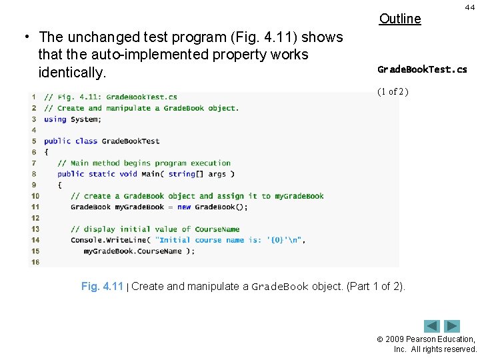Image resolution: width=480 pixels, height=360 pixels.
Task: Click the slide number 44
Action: pyautogui.click(x=469, y=6)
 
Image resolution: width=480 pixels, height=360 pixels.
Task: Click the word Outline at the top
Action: pyautogui.click(x=400, y=19)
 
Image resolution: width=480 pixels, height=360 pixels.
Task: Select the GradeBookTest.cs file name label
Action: pyautogui.click(x=422, y=69)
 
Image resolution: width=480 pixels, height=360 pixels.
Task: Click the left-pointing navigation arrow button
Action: pyautogui.click(x=433, y=326)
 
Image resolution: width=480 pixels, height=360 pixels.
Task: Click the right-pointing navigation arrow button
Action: pyautogui.click(x=453, y=326)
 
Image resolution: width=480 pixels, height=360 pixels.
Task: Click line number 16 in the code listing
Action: pyautogui.click(x=35, y=262)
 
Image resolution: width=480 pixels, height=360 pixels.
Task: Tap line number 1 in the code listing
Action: pyautogui.click(x=34, y=97)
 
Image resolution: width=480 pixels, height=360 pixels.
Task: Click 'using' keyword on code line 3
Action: pyautogui.click(x=55, y=119)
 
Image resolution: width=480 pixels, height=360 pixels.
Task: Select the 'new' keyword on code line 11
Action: pyautogui.click(x=184, y=207)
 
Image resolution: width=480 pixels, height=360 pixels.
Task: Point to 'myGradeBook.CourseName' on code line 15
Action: pyautogui.click(x=133, y=251)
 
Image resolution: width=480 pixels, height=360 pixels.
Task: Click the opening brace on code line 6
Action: pyautogui.click(x=47, y=152)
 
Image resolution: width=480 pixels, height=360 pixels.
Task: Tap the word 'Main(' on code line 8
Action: pyautogui.click(x=151, y=174)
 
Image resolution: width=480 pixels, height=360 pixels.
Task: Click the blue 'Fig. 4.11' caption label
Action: pyautogui.click(x=102, y=287)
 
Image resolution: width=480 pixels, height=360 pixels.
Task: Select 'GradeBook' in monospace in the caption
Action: pyautogui.click(x=280, y=287)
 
